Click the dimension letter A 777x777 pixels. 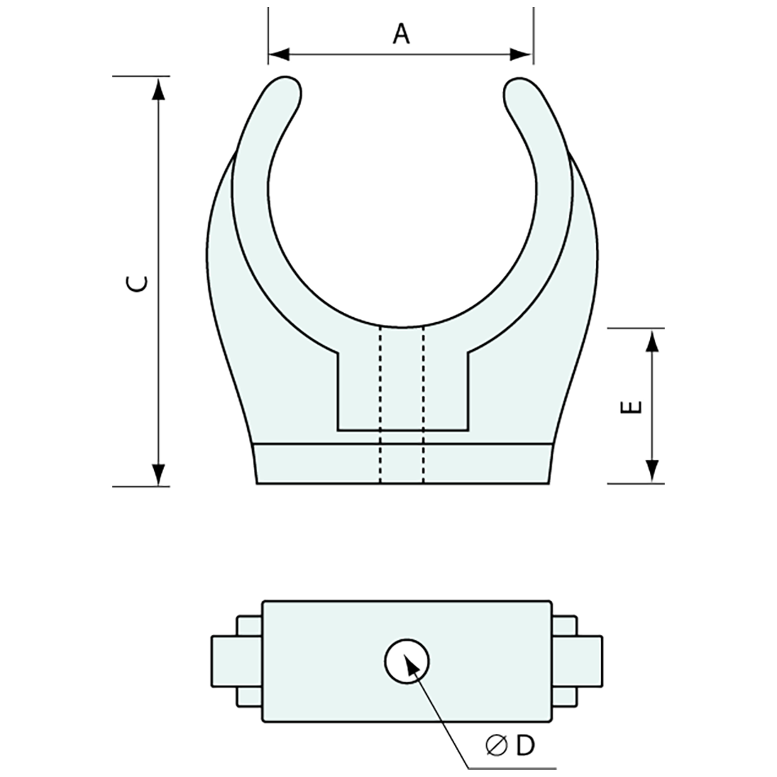click(401, 33)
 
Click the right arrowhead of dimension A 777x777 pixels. click(522, 54)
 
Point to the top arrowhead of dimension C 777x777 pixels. click(159, 88)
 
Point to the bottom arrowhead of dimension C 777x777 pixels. click(159, 474)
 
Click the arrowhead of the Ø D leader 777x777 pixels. click(410, 661)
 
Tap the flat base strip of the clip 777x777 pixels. click(403, 463)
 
